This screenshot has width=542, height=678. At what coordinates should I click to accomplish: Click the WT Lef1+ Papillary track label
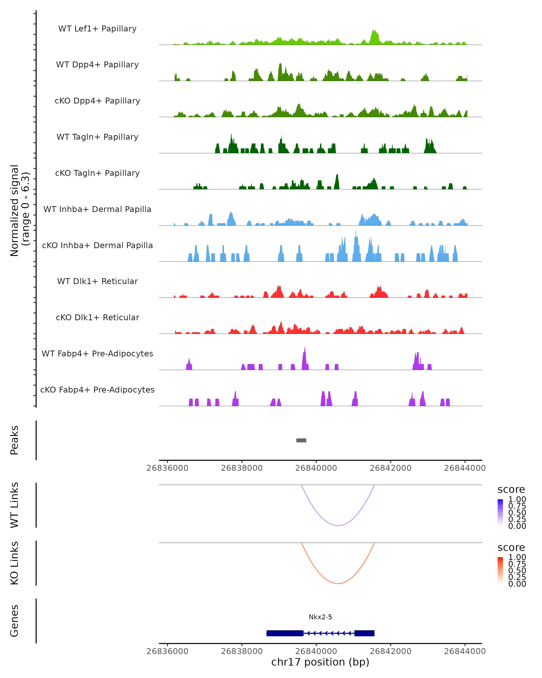click(97, 29)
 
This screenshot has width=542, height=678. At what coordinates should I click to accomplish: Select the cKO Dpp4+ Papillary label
click(97, 101)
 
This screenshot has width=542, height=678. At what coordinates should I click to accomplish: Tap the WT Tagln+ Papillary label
click(97, 137)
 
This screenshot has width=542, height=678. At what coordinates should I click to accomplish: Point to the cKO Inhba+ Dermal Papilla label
click(97, 246)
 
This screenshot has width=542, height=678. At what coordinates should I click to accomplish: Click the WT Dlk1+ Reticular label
click(97, 281)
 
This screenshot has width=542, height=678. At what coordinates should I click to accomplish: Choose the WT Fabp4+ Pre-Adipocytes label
click(97, 354)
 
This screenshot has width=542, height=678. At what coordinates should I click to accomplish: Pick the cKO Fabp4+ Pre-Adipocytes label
click(97, 390)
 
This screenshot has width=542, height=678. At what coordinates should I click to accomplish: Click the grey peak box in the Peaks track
click(301, 440)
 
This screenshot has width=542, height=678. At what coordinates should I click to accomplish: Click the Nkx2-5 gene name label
click(320, 617)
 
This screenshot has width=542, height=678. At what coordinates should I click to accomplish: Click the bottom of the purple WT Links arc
click(338, 525)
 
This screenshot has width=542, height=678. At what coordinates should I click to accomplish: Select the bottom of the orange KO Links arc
click(338, 583)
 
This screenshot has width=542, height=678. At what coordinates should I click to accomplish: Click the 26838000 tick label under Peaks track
click(242, 468)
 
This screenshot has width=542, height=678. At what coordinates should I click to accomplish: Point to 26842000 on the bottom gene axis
click(390, 651)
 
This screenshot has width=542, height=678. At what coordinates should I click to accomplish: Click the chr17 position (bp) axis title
click(320, 662)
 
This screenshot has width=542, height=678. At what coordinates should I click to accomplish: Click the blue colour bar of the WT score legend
click(500, 512)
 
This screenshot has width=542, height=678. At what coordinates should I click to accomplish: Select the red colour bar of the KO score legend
click(500, 570)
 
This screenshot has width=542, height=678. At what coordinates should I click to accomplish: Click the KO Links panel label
click(14, 563)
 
